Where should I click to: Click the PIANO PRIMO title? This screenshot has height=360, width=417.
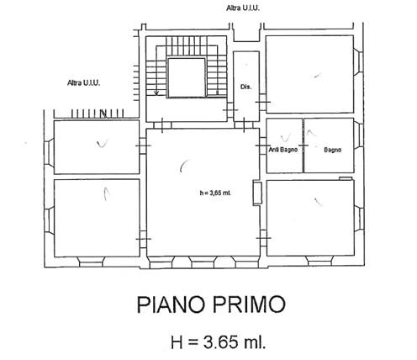[211, 304]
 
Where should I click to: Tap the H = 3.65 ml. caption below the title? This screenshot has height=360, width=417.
[218, 342]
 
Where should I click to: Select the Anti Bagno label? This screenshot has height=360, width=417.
[283, 150]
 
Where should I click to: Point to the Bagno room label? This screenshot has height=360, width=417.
[333, 150]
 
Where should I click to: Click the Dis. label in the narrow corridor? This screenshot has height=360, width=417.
[245, 87]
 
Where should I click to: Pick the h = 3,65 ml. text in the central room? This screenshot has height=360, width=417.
[215, 193]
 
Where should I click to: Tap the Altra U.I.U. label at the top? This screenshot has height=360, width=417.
[243, 8]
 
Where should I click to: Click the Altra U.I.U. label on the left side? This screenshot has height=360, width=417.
[83, 83]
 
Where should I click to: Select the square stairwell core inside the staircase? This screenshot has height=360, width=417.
[187, 77]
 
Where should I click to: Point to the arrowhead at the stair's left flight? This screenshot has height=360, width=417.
[156, 93]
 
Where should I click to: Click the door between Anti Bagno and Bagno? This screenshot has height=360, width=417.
[304, 146]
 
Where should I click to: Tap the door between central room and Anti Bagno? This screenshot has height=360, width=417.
[263, 146]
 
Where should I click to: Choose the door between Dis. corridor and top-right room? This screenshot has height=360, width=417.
[263, 102]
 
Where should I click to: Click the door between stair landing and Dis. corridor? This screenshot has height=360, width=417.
[230, 110]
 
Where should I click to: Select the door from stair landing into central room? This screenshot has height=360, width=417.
[162, 125]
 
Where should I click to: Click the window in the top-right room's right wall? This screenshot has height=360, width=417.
[358, 62]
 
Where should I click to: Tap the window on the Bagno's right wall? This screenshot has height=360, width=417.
[358, 135]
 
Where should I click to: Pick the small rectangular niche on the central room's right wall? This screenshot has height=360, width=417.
[257, 193]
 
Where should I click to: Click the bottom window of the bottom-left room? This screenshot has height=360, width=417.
[91, 262]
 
